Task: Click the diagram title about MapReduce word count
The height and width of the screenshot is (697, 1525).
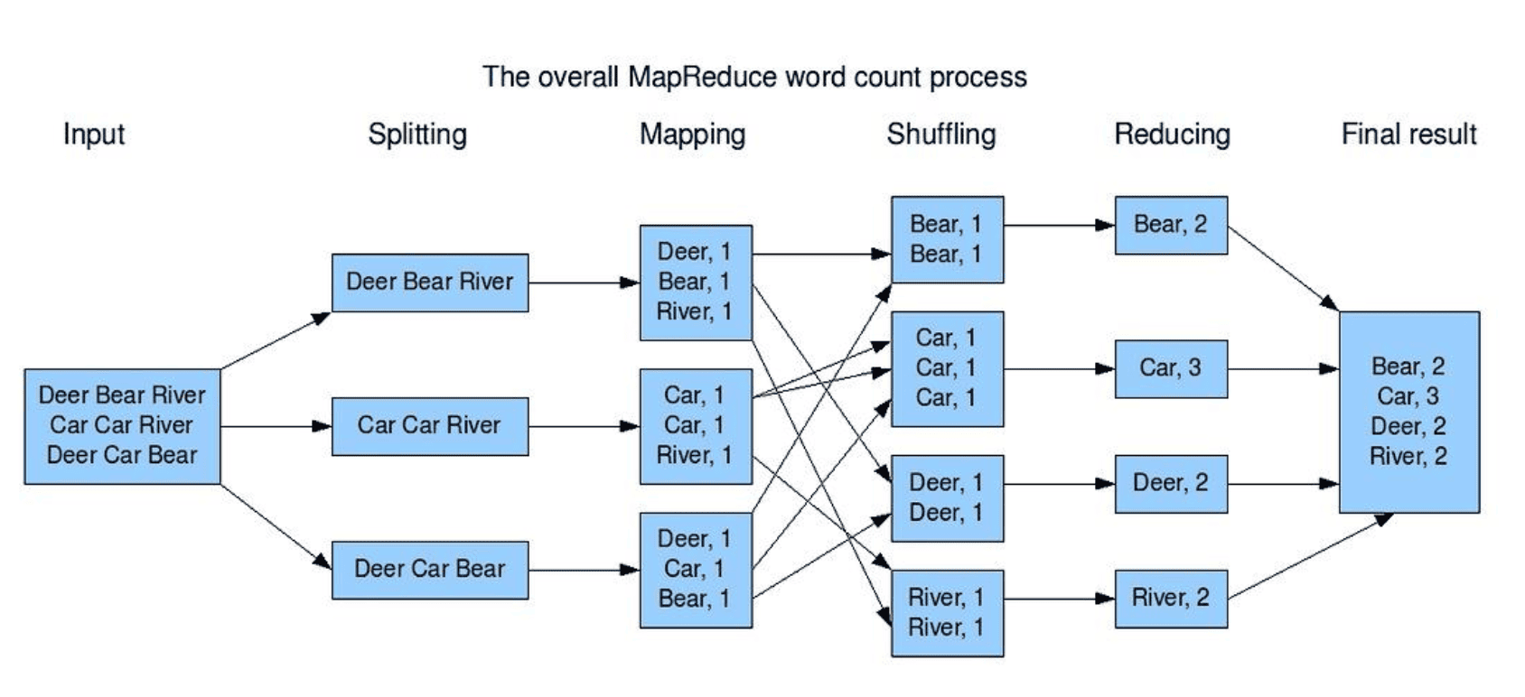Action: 754,77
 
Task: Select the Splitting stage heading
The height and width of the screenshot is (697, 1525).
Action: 417,135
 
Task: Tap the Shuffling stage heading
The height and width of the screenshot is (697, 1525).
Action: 940,135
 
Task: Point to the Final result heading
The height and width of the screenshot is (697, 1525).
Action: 1408,135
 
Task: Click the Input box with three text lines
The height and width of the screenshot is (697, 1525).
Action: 123,426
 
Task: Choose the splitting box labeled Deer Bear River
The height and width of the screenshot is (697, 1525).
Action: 430,283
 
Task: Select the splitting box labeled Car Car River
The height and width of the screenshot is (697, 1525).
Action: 430,426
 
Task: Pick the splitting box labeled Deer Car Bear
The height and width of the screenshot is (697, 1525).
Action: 430,571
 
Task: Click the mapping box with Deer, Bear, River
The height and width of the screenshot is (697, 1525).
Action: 696,283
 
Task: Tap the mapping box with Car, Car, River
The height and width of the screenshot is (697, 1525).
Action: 696,426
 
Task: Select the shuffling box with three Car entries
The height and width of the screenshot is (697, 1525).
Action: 947,369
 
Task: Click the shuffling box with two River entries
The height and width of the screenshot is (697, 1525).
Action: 947,613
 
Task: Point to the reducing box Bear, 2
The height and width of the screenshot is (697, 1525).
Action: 1171,226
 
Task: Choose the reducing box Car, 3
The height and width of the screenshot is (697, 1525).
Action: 1171,369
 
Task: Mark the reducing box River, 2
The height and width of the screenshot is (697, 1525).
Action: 1171,599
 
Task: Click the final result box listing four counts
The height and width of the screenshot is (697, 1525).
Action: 1409,412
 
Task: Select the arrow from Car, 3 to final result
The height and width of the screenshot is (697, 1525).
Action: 1283,369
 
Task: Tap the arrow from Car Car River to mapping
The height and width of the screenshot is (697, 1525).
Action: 585,426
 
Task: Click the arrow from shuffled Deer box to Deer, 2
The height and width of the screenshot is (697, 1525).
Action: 1060,484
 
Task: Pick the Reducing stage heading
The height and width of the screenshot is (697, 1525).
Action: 1172,135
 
